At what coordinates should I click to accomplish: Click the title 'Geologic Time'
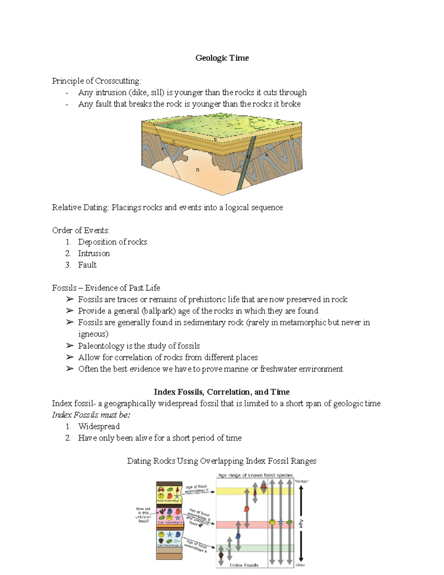point(222,58)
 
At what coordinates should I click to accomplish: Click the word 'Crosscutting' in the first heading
point(117,81)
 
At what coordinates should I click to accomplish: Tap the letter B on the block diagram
point(198,170)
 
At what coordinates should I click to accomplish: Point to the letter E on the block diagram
point(215,140)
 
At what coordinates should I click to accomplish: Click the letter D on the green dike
point(248,157)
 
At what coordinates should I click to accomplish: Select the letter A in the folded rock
point(266,155)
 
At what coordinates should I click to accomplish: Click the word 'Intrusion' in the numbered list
point(94,253)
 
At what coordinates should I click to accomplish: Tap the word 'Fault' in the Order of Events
point(87,265)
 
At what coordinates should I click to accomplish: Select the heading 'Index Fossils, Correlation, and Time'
point(222,392)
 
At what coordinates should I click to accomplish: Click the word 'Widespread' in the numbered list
point(99,426)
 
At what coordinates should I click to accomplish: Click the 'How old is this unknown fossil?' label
point(143,515)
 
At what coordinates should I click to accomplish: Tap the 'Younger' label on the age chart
point(302,481)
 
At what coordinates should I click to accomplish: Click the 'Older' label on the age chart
point(300,565)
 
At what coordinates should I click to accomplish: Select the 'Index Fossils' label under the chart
point(244,565)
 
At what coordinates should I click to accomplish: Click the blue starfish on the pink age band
point(281,522)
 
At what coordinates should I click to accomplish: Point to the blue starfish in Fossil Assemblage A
point(170,535)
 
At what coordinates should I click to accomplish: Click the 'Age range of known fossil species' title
point(255,475)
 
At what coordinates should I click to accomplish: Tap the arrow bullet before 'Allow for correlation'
point(70,357)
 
